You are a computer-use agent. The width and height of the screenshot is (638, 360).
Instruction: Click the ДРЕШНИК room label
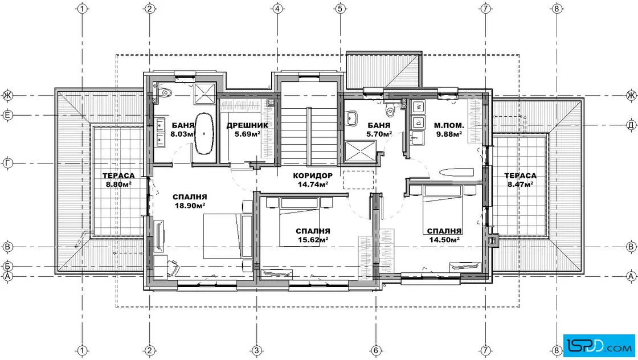[x=247, y=125]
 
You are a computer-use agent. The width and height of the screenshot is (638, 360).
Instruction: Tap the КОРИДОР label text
[x=313, y=176]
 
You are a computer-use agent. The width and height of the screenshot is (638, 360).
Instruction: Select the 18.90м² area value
[x=190, y=206]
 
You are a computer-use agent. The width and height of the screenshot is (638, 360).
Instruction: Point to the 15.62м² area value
[x=313, y=240]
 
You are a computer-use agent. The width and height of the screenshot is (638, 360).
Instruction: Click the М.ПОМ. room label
[x=449, y=125]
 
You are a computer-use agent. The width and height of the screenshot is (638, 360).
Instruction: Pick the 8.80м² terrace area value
[x=118, y=184]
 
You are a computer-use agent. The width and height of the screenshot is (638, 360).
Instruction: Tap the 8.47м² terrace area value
[x=521, y=184]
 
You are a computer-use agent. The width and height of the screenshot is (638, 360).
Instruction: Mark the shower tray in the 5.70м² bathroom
[x=358, y=152]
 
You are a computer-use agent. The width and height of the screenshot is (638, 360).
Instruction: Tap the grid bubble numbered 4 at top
[x=278, y=9]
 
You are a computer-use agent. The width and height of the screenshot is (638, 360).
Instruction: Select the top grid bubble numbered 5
[x=340, y=9]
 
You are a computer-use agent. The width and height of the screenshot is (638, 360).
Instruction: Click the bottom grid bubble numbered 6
[x=376, y=350]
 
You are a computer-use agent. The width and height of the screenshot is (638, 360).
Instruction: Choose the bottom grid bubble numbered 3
[x=256, y=350]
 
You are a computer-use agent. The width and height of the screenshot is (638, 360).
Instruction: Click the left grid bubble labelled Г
[x=8, y=163]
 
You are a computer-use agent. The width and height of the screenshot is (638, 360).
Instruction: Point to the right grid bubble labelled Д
[x=631, y=125]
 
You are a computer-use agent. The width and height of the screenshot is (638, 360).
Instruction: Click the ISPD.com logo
[x=599, y=346]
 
